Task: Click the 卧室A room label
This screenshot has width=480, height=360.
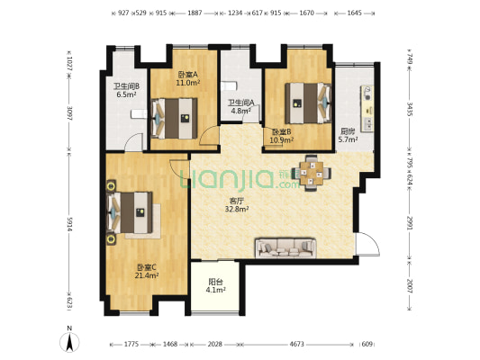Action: point(186,75)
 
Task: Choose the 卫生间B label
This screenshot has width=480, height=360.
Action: point(124,88)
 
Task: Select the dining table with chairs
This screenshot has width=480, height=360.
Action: point(312,171)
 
